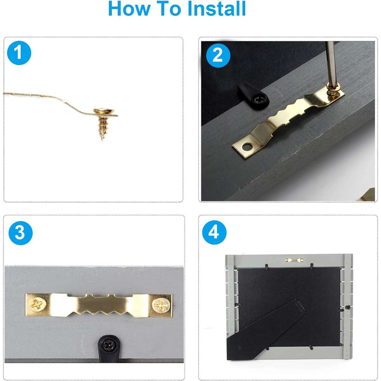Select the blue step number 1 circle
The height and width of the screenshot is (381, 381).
(19, 53)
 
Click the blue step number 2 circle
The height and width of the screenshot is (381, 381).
(218, 56)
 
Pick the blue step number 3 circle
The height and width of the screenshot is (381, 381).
(20, 233)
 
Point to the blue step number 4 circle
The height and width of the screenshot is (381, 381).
(214, 232)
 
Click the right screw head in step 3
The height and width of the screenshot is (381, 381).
(161, 304)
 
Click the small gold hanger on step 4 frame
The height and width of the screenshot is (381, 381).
(294, 260)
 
